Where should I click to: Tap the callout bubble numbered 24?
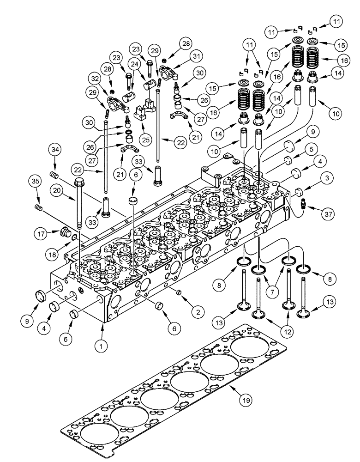(134, 65)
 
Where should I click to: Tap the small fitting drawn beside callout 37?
(303, 206)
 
